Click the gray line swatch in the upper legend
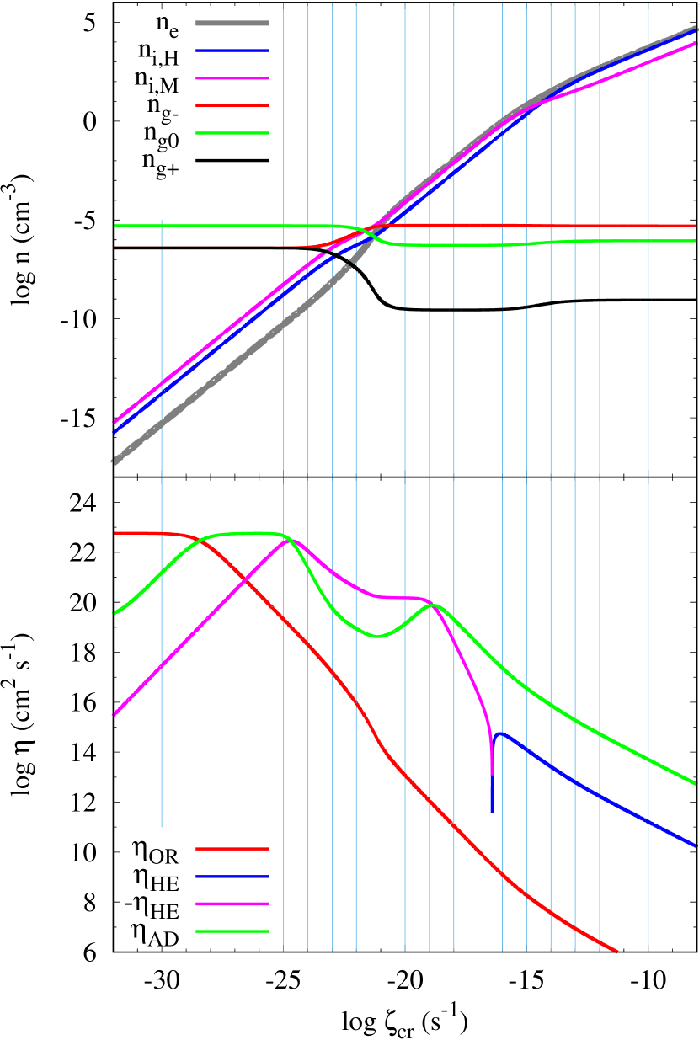click(232, 24)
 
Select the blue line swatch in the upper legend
click(232, 51)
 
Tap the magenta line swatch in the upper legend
click(232, 78)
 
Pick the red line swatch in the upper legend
click(232, 105)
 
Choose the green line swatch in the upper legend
click(232, 133)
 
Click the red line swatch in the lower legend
click(232, 849)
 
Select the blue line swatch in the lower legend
click(232, 877)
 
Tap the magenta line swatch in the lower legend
click(232, 904)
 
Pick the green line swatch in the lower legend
click(232, 931)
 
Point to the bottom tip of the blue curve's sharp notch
click(493, 811)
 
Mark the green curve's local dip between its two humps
click(377, 637)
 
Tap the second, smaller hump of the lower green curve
click(433, 605)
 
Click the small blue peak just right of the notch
click(500, 733)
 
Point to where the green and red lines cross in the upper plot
click(360, 229)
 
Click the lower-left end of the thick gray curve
click(115, 461)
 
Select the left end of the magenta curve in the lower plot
click(115, 715)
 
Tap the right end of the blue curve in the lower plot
click(696, 845)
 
